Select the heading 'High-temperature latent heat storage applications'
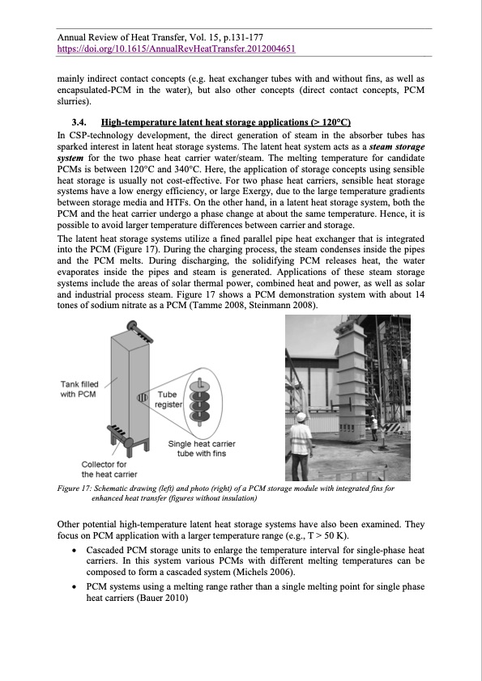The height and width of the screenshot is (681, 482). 229,121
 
